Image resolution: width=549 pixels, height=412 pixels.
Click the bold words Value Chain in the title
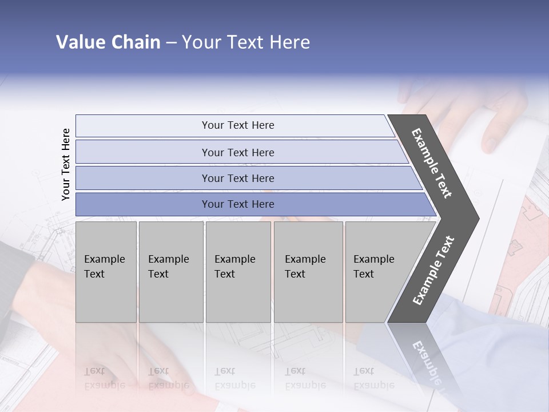pos(108,42)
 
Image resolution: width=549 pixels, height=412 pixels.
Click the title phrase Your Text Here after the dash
pos(246,42)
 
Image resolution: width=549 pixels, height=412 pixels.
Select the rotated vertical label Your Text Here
pos(66,164)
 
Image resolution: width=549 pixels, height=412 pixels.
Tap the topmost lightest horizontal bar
pos(237,125)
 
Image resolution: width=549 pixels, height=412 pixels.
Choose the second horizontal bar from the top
pos(237,152)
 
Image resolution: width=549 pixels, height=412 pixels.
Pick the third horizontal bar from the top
pos(237,178)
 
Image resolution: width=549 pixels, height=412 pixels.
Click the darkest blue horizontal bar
pos(237,204)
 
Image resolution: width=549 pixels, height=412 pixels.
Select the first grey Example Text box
pos(106,271)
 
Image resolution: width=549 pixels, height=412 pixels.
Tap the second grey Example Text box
pos(170,271)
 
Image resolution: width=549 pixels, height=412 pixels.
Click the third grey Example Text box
pos(237,271)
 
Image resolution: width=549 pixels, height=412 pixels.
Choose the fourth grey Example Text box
pos(308,271)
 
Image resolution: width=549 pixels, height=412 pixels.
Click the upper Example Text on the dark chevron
pos(432,163)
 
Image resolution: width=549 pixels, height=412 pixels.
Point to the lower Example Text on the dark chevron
pos(433,271)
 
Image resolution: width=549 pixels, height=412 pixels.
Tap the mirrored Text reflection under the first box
pos(95,371)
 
